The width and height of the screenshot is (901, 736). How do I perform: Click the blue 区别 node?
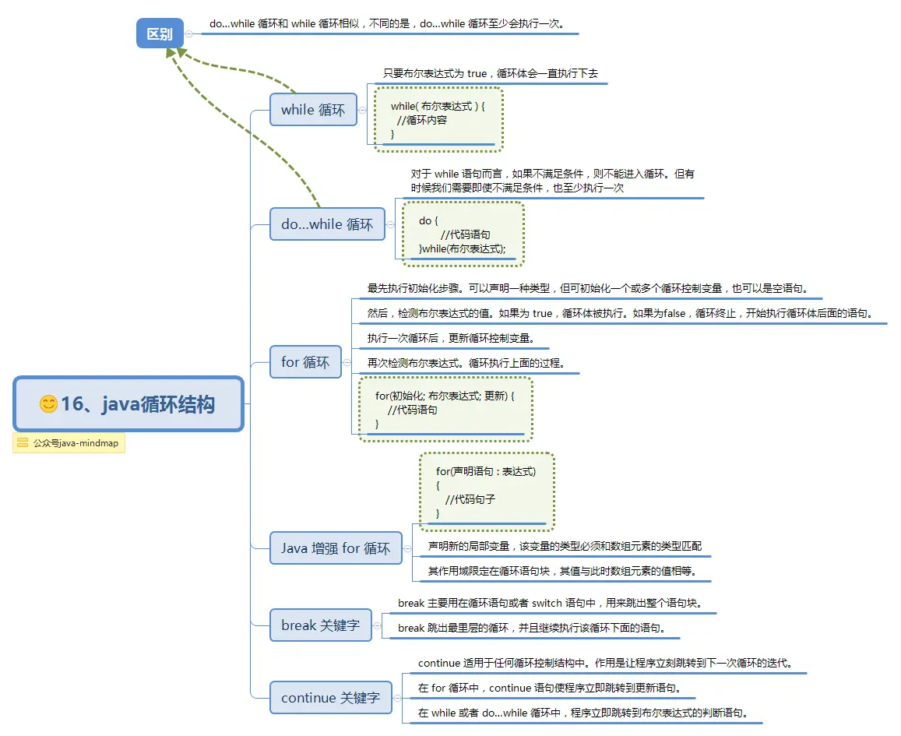[160, 33]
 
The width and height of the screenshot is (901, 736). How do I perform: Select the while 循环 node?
[312, 110]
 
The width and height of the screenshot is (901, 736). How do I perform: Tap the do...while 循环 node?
[327, 224]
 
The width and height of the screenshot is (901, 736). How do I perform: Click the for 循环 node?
[305, 362]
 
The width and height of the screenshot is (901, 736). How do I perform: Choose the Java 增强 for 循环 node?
[336, 548]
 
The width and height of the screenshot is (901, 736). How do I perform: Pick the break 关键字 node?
[320, 625]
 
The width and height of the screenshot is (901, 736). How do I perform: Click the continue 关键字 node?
[330, 698]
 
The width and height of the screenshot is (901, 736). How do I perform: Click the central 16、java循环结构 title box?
[128, 404]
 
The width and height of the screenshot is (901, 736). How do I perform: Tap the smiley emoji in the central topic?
[48, 404]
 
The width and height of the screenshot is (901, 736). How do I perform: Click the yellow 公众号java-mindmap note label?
[69, 443]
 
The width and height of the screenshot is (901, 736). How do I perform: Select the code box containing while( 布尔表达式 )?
[438, 119]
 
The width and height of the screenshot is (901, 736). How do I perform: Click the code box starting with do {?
[463, 234]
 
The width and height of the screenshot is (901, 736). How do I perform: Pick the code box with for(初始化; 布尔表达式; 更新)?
[445, 410]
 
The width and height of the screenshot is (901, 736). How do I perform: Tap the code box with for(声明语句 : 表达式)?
[486, 491]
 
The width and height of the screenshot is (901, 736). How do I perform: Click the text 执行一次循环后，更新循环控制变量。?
[450, 339]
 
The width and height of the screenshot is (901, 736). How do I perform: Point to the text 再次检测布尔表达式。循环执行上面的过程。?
[466, 363]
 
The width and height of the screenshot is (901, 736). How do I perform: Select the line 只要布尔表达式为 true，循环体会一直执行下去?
[491, 74]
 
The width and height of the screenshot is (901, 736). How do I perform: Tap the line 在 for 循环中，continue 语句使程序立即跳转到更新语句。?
[550, 688]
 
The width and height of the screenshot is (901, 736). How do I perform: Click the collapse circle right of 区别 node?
[189, 33]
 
